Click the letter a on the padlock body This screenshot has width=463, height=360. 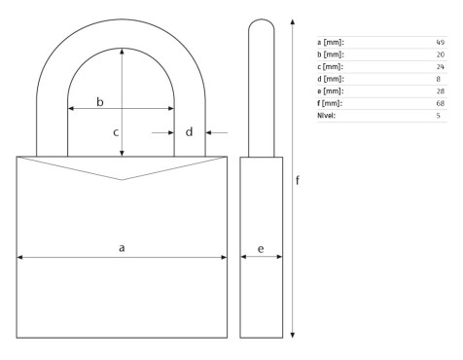coord(122,248)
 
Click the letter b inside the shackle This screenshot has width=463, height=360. coord(100,102)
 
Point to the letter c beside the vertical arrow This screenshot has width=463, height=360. coord(116,132)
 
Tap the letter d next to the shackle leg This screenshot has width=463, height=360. coord(189,131)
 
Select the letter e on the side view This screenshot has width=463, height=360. coord(261,249)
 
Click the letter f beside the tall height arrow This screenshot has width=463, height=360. coord(298,180)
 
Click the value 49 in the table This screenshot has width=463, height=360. coord(441,42)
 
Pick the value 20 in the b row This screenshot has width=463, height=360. coord(441,54)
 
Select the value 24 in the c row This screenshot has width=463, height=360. coord(441,67)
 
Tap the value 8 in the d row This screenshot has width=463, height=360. coord(439,79)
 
